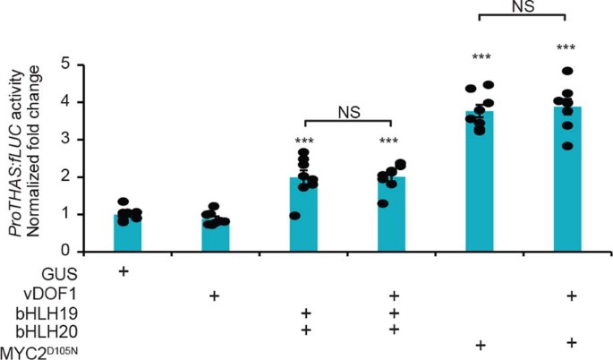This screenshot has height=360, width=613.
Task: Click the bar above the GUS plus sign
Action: (x=127, y=233)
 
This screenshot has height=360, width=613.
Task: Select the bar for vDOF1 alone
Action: (x=215, y=236)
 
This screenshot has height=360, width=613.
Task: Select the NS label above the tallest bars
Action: (x=524, y=5)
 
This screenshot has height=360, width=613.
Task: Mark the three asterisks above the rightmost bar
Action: (x=566, y=48)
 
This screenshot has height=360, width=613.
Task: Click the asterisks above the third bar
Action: (x=303, y=141)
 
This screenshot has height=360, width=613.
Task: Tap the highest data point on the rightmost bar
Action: (x=566, y=71)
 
